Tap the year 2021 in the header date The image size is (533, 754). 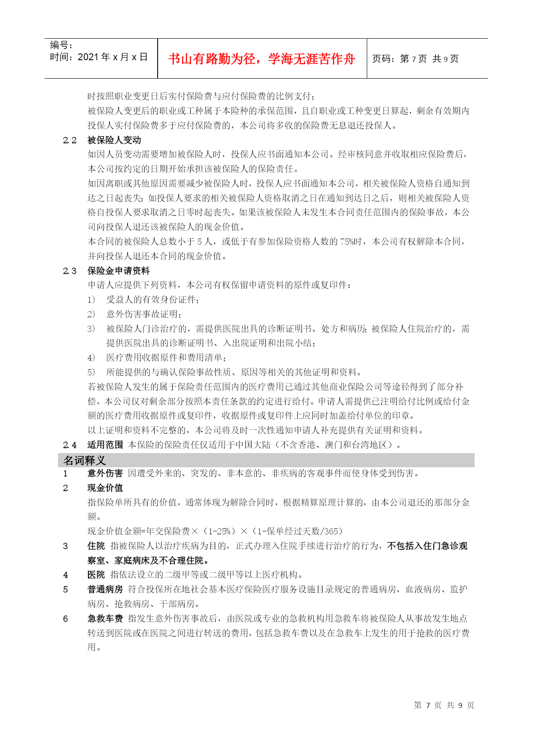88,57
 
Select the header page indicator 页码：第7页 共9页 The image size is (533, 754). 415,59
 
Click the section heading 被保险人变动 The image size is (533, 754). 114,140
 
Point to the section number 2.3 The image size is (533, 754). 70,271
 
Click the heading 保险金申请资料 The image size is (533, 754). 119,271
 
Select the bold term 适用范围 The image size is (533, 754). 105,445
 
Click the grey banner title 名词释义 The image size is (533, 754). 85,460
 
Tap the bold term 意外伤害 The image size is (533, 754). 105,474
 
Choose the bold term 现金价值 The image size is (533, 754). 105,488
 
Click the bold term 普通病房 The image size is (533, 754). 105,589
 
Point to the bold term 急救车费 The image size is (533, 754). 105,619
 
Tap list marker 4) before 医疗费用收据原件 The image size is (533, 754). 91,358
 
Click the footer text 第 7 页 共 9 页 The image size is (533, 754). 444,705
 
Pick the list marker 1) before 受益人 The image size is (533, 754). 91,300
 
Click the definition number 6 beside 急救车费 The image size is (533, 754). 65,619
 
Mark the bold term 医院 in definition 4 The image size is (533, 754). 96,575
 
